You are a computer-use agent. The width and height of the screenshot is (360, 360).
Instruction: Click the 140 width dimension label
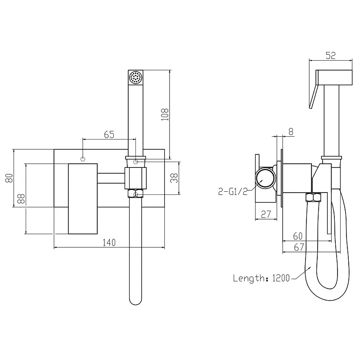click(109, 243)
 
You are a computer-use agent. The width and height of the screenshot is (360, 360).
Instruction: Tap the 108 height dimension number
click(165, 114)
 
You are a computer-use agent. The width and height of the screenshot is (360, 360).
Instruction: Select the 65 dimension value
click(109, 135)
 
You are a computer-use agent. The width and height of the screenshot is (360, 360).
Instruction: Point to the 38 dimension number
click(174, 178)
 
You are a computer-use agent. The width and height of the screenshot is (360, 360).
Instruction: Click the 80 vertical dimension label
click(9, 178)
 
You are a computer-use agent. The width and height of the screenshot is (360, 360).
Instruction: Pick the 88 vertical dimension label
click(21, 198)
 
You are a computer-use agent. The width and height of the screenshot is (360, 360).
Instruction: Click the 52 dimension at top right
click(331, 55)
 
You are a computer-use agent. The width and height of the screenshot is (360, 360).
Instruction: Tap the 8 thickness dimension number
click(291, 132)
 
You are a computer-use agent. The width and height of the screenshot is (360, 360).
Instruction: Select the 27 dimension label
click(266, 214)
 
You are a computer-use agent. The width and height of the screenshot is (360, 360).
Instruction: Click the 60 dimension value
click(298, 236)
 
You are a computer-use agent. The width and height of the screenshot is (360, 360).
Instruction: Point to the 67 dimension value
click(299, 247)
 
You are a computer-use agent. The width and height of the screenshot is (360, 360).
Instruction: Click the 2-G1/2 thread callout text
click(233, 191)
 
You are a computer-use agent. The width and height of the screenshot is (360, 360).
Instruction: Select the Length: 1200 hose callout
click(261, 278)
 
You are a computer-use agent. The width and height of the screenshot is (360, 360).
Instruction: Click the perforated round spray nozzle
click(135, 77)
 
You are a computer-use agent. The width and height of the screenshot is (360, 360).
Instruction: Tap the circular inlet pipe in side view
click(266, 178)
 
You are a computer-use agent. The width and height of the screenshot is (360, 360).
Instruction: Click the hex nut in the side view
click(313, 198)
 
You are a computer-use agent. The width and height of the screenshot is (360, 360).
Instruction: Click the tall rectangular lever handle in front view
click(83, 199)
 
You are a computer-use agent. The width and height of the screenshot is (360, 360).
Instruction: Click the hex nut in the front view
click(135, 193)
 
